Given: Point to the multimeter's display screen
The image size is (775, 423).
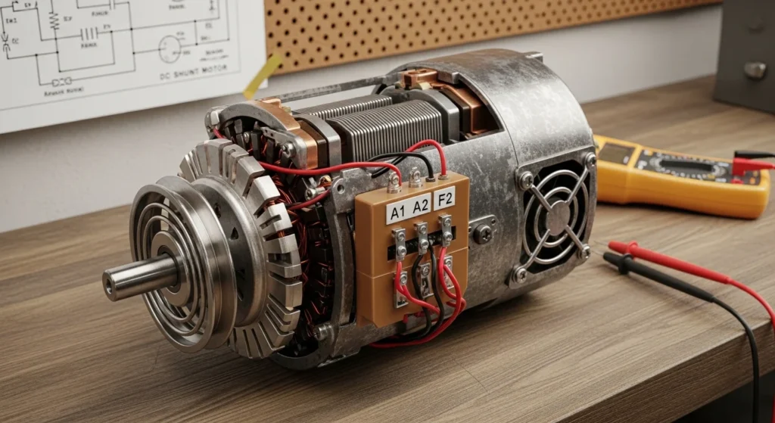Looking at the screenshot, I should [617, 154].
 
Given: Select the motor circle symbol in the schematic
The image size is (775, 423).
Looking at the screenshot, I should [170, 49].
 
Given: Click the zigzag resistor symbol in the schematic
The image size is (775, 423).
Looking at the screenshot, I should [54, 23].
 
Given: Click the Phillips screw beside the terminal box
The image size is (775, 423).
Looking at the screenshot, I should [482, 235].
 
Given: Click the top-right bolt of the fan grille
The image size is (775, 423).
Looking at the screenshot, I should [589, 160].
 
